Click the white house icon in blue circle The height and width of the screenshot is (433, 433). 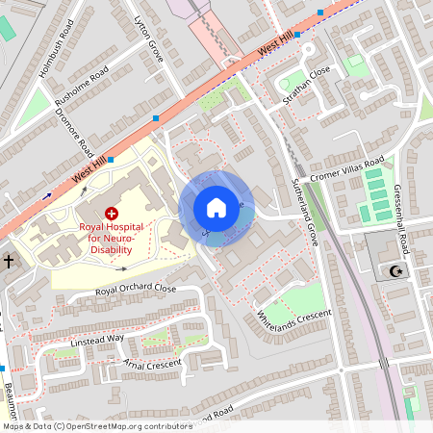point(216,208)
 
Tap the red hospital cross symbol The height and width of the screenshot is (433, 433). point(112,213)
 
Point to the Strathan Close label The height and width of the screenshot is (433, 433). point(306,86)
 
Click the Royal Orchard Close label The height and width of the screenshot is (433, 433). point(135,289)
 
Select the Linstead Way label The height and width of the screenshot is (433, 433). point(97,340)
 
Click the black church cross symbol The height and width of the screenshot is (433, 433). point(8,261)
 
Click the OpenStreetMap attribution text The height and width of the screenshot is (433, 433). point(96,426)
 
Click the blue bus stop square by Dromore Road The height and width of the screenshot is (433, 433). point(111,160)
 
